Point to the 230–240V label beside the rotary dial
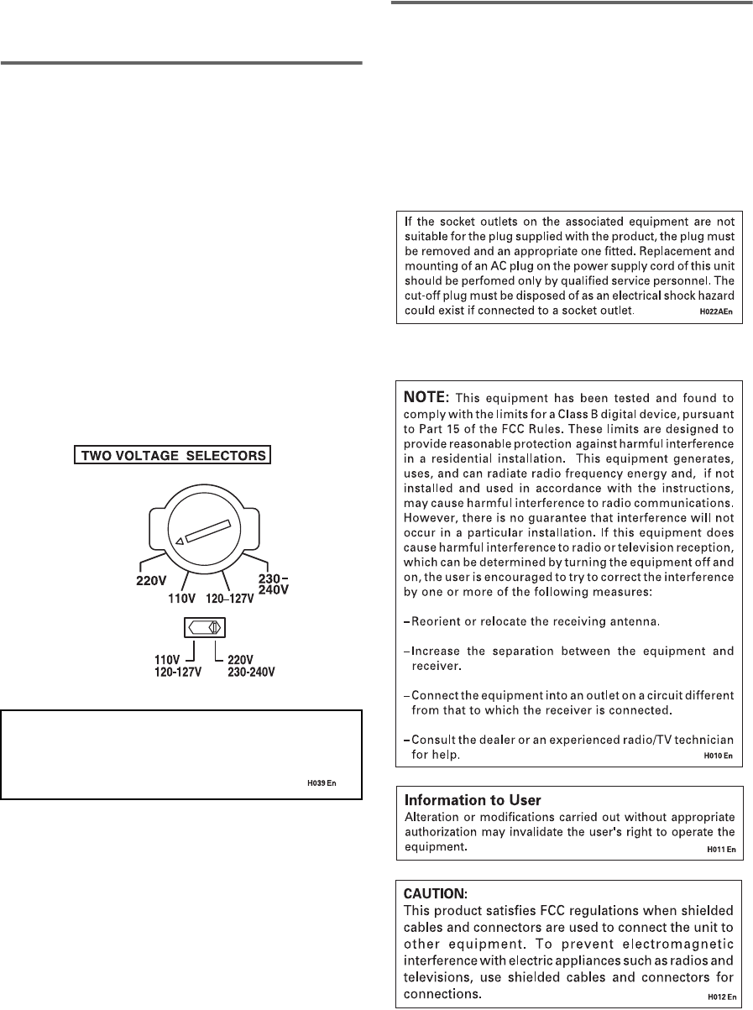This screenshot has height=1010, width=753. (272, 583)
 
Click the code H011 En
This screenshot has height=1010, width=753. (719, 850)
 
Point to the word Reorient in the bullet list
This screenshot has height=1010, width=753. (438, 621)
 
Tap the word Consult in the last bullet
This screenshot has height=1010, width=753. (435, 739)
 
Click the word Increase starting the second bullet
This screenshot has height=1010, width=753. (437, 651)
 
